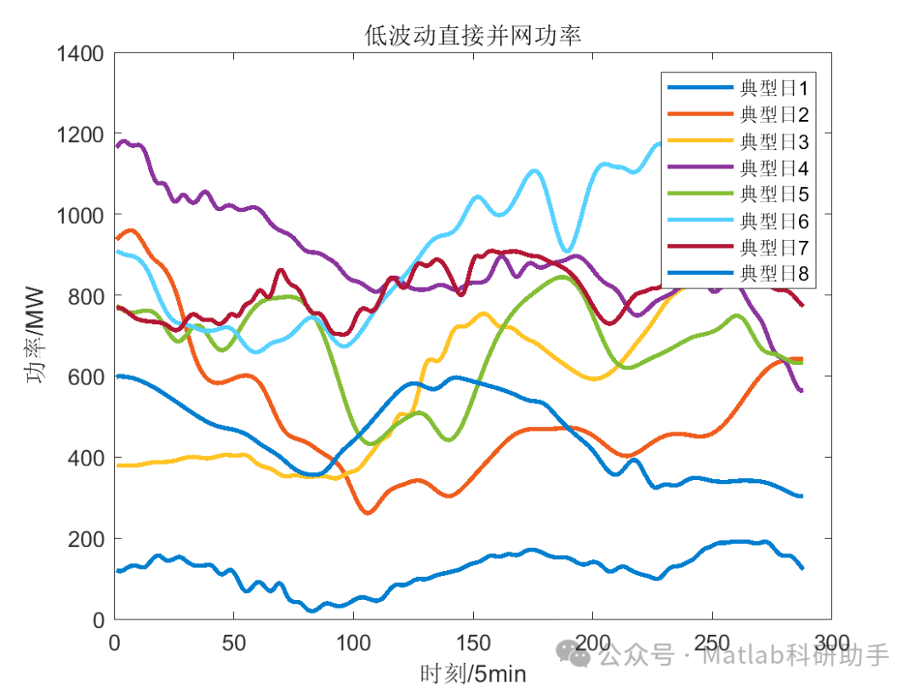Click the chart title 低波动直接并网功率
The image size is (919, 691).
[x=472, y=34]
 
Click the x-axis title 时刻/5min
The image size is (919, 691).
[x=472, y=674]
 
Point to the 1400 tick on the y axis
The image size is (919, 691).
[x=80, y=54]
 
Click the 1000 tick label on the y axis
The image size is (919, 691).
[x=80, y=215]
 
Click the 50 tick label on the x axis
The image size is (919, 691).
[x=235, y=642]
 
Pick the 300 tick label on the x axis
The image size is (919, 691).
[x=830, y=642]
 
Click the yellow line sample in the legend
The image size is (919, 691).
[x=699, y=140]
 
